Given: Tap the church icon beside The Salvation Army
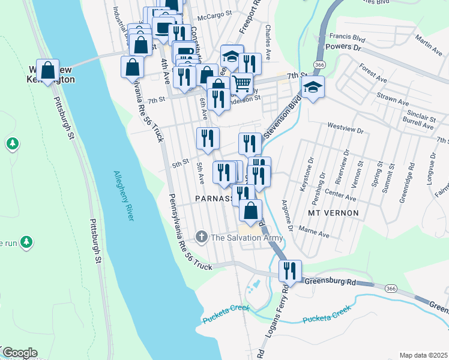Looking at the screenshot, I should click(x=202, y=238).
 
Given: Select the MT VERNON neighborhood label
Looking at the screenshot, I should click(x=333, y=213).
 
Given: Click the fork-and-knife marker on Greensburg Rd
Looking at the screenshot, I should click(x=290, y=271).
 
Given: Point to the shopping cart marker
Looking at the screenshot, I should click(x=241, y=83).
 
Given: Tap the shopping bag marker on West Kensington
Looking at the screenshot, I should click(x=47, y=70).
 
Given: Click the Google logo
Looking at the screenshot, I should click(x=19, y=353).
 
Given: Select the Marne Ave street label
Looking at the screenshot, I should click(x=318, y=233).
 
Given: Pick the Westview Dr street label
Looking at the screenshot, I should click(x=345, y=128).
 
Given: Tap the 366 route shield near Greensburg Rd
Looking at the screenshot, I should click(x=391, y=289).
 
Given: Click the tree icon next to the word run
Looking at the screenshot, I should click(x=25, y=242).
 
